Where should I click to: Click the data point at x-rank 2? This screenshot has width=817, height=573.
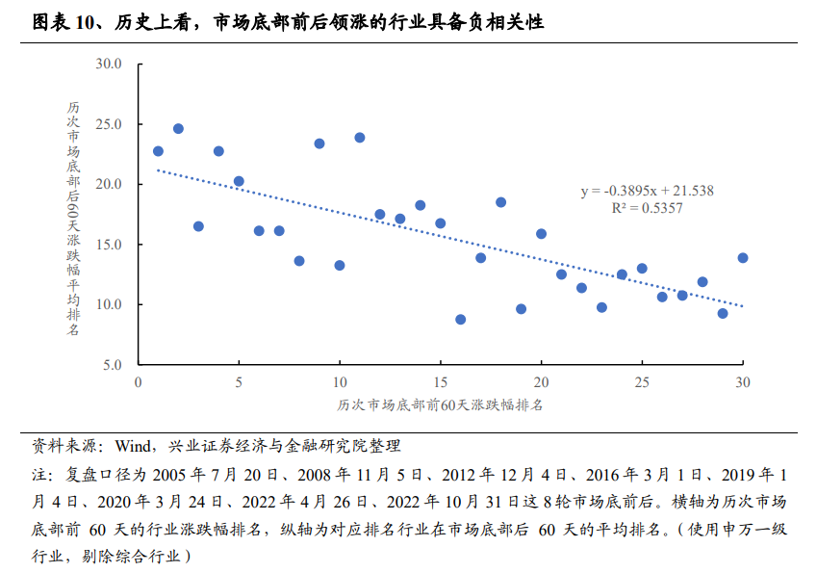[178, 128]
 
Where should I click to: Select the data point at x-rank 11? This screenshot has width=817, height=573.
[360, 138]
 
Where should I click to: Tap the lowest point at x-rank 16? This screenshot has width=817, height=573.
[460, 319]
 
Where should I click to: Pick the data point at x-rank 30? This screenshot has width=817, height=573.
[743, 258]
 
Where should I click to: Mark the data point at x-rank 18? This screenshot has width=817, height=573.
[500, 202]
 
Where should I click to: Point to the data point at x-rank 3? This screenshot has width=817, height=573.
[198, 226]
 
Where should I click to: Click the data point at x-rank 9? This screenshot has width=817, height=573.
[319, 143]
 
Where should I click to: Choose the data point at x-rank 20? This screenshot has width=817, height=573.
[541, 234]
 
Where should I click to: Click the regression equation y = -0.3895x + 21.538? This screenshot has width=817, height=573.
[646, 191]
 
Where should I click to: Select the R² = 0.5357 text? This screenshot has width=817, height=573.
[647, 207]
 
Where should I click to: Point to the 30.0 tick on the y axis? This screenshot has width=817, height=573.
[111, 65]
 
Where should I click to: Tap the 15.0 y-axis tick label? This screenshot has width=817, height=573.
[111, 245]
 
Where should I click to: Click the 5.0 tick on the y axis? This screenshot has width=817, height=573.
[115, 365]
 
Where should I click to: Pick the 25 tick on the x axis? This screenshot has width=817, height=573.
[642, 381]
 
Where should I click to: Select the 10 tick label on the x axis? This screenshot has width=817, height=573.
[340, 381]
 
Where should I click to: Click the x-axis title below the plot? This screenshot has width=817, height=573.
[440, 404]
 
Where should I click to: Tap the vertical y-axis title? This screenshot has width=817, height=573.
[74, 218]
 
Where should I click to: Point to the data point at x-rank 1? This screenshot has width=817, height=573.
[158, 151]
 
